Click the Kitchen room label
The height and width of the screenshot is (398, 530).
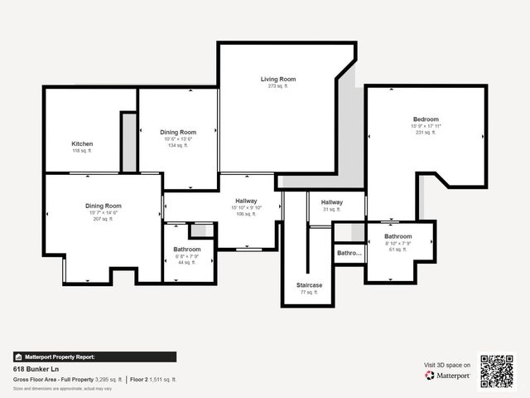[x=82, y=143]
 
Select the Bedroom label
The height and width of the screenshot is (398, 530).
[x=426, y=119]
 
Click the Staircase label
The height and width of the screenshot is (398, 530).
[x=309, y=285]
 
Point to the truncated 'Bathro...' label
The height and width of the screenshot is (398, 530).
[x=349, y=253]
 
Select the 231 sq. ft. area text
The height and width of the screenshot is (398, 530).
[x=426, y=133]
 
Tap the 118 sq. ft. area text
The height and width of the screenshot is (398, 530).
[x=82, y=151]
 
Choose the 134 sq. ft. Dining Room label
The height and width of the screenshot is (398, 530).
[x=178, y=133]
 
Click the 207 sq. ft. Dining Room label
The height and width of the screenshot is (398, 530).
[x=103, y=206]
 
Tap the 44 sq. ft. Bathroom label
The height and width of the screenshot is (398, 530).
[x=187, y=250]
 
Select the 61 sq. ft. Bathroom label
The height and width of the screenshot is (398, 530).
[x=397, y=236]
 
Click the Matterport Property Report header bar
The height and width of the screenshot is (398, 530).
[x=94, y=357]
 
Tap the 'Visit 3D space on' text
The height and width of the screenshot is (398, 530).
[x=447, y=365]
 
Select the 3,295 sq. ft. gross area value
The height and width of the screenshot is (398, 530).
[x=108, y=379]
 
